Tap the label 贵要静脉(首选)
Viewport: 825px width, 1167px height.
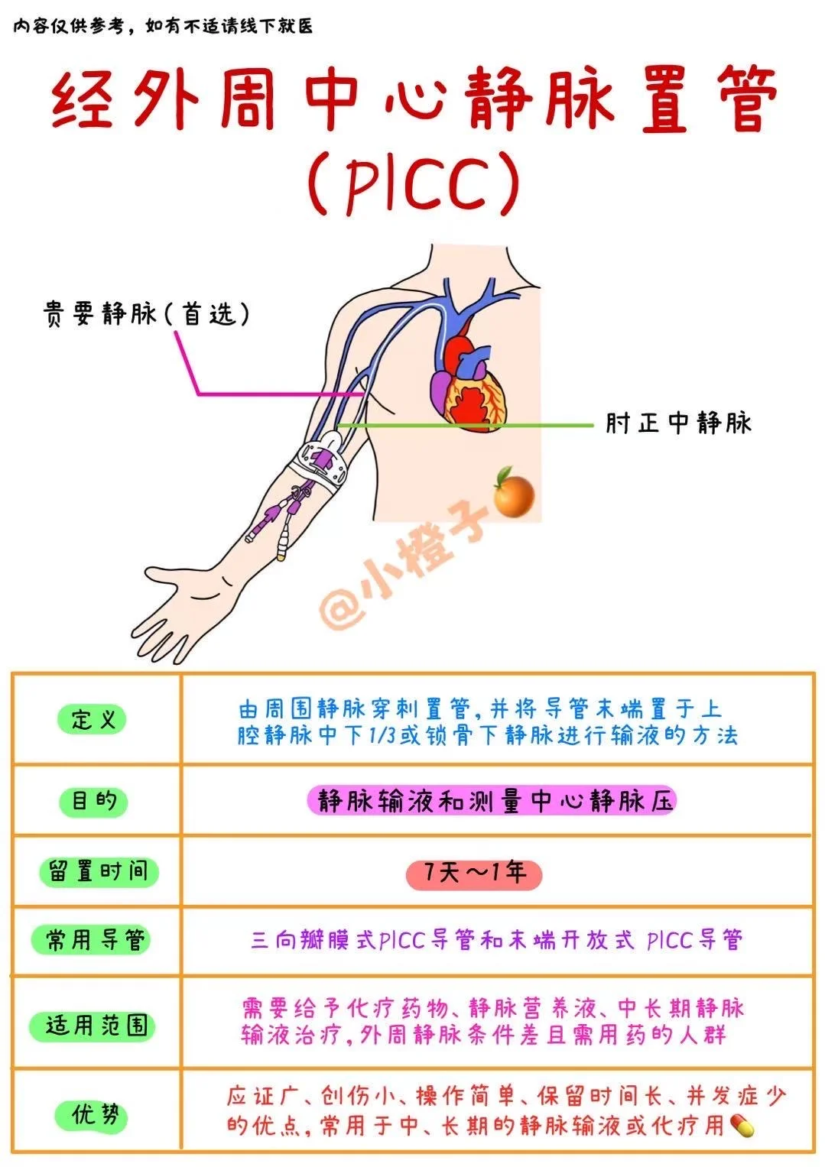tap(146, 313)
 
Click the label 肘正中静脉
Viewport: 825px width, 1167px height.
tap(678, 423)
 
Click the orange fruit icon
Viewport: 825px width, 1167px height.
tap(512, 492)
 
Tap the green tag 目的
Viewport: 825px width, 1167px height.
tap(93, 801)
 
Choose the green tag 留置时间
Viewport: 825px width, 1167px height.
tap(98, 871)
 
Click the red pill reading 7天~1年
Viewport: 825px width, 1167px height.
tap(473, 874)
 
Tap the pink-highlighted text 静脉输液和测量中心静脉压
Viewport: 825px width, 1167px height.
tap(494, 801)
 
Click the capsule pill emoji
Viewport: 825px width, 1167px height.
tap(742, 1124)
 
